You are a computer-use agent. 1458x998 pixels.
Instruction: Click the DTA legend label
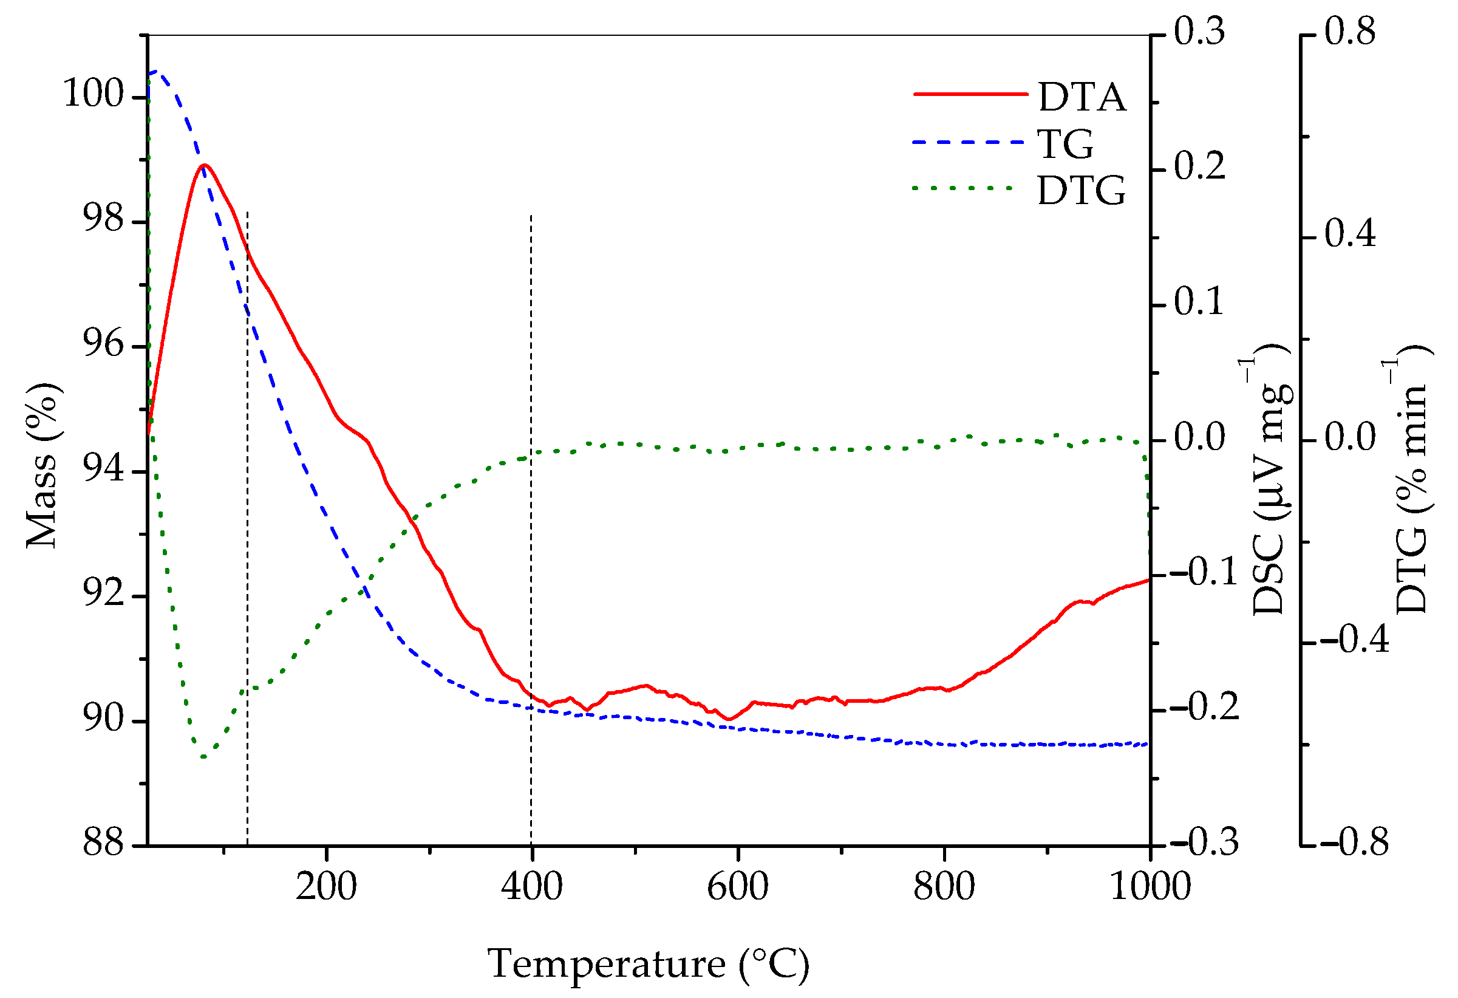pos(1082,97)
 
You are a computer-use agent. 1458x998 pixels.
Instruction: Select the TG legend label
pos(1065,144)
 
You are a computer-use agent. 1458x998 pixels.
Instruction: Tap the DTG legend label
pos(1081,190)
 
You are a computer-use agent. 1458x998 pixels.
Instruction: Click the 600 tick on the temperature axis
pos(738,887)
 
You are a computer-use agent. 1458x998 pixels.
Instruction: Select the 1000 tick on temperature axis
pos(1150,887)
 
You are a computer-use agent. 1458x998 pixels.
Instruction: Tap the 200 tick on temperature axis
pos(326,887)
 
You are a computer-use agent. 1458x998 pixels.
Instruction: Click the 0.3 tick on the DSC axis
pos(1199,32)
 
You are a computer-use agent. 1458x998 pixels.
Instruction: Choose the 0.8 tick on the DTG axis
pos(1349,32)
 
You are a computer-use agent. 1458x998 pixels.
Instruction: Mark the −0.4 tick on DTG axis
pos(1355,640)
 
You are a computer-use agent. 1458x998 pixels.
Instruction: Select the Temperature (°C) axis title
pos(648,963)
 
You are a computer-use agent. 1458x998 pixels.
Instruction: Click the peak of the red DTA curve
pos(204,165)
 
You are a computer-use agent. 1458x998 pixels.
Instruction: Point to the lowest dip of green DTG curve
pos(203,757)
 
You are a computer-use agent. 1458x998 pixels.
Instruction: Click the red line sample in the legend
pos(970,94)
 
